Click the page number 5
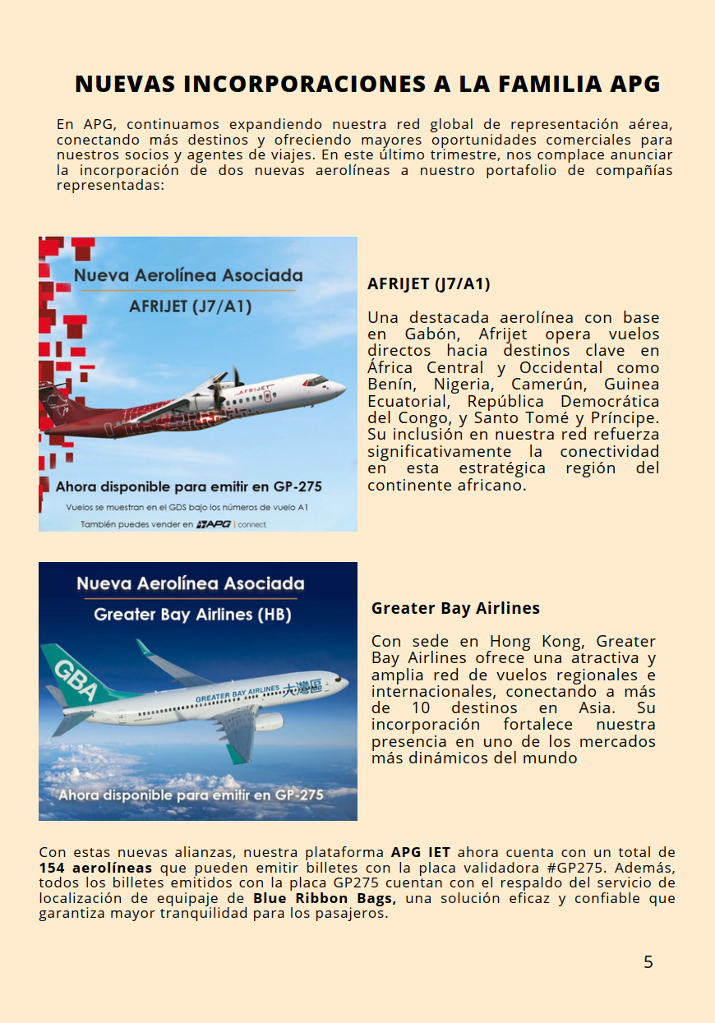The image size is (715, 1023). tap(648, 962)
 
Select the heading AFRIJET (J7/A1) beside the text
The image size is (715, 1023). tap(428, 284)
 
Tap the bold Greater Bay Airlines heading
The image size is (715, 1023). tap(455, 609)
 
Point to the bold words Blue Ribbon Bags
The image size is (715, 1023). tap(324, 898)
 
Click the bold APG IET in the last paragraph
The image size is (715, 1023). tap(420, 852)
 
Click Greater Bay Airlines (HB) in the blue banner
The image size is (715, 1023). tap(192, 615)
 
